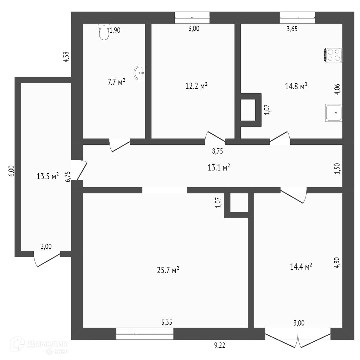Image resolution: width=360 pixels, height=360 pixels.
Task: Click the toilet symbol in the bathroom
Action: coord(104,32)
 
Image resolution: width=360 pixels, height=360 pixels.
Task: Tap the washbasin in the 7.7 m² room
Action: coord(140,73)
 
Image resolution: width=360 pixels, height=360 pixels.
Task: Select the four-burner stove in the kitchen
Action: coord(333,55)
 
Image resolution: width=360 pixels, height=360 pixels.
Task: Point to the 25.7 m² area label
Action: coord(168,270)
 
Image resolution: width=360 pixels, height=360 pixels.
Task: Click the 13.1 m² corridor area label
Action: coord(219,168)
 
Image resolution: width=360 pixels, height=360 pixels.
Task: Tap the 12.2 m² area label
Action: coord(196,86)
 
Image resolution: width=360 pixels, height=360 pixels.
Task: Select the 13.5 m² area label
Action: coord(48,176)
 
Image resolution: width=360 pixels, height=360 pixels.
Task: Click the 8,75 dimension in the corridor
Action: coord(217,151)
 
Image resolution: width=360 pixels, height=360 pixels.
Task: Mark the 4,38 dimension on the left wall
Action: coord(66,57)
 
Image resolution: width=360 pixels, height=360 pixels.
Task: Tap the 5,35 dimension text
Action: coord(167,322)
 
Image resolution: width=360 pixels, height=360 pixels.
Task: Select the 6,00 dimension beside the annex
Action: coord(11,171)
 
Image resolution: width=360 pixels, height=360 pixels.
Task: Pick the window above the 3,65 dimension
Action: coord(297,17)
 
